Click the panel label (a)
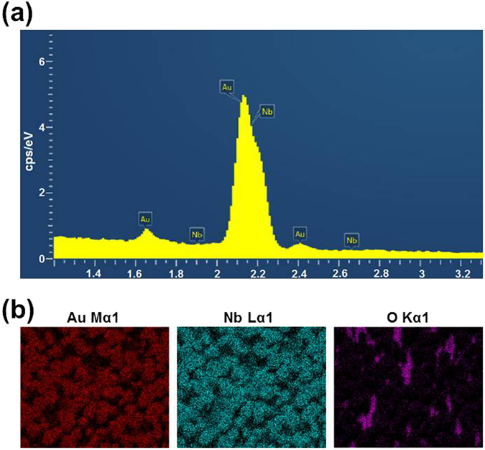pos(18,14)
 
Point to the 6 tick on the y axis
pos(41,62)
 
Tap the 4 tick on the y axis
pos(41,127)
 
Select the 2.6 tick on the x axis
pos(340,274)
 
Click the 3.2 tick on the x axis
pos(463,274)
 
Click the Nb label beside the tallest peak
pos(267,111)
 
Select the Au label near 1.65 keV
pos(146,218)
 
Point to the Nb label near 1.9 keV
pos(197,234)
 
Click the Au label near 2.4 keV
pos(300,234)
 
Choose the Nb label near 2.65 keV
pos(351,239)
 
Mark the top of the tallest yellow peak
pos(244,96)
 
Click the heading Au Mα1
pos(95,316)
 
